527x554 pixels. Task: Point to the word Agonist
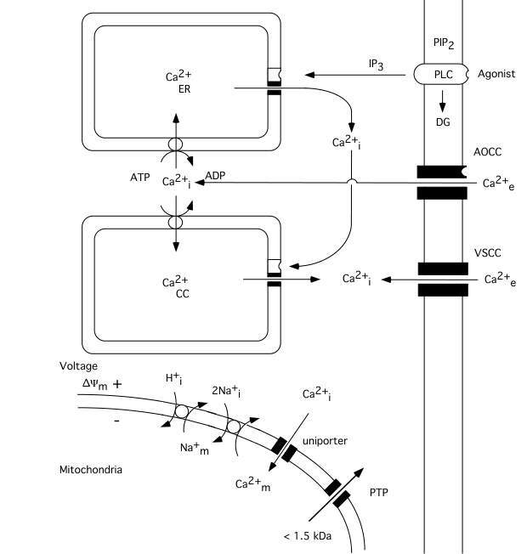(496, 74)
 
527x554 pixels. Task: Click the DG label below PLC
(442, 122)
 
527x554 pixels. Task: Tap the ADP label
(215, 175)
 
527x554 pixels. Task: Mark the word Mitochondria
(89, 469)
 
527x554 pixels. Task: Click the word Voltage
(79, 366)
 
